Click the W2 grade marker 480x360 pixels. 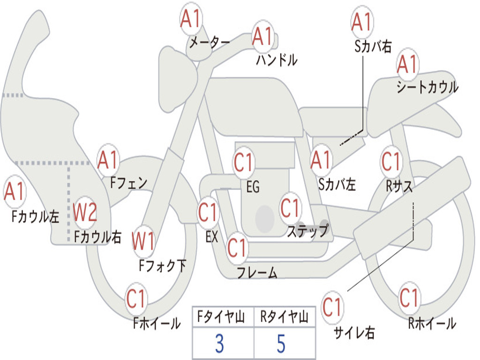(85, 212)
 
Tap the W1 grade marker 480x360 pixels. (143, 241)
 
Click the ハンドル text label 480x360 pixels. (277, 60)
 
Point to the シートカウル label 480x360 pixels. (427, 87)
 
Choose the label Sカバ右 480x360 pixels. (373, 46)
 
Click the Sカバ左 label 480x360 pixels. (337, 184)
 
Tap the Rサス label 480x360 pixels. (399, 186)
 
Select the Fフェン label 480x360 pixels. (128, 183)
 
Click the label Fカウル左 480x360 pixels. (35, 216)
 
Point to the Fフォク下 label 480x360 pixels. (163, 265)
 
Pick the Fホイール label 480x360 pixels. (157, 323)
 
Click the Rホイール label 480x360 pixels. (432, 323)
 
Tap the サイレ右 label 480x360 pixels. (354, 332)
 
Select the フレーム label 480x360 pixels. (257, 272)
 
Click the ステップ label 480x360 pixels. (308, 231)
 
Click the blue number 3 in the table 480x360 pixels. (219, 344)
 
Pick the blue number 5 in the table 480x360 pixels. (281, 344)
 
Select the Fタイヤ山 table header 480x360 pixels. (221, 317)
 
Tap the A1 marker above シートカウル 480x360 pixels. (407, 64)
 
